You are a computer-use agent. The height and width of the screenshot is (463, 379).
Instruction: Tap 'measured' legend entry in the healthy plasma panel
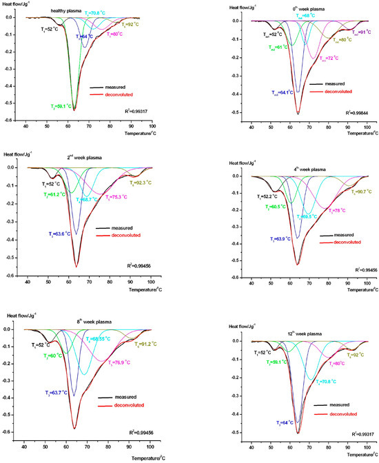click(119, 88)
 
